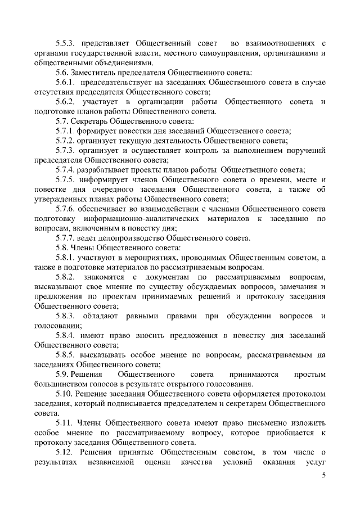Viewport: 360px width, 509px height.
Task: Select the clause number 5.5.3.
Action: coord(66,43)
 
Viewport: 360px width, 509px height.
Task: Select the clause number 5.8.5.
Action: coord(66,355)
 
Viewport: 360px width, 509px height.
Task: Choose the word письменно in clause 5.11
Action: coord(256,424)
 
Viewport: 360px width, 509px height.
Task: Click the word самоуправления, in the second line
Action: coord(218,53)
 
